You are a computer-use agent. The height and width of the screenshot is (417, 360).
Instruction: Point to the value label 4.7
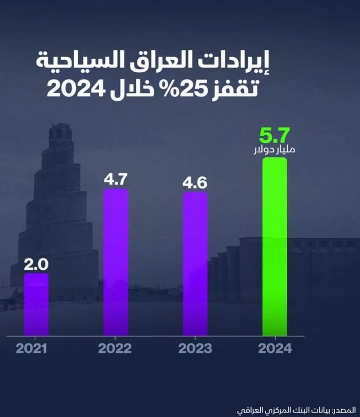116,179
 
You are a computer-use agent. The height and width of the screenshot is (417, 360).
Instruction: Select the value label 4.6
195,183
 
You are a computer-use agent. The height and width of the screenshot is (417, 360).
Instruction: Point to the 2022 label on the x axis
115,349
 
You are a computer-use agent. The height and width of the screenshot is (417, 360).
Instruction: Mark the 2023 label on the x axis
195,349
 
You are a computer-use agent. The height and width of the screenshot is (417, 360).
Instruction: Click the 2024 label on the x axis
275,349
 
